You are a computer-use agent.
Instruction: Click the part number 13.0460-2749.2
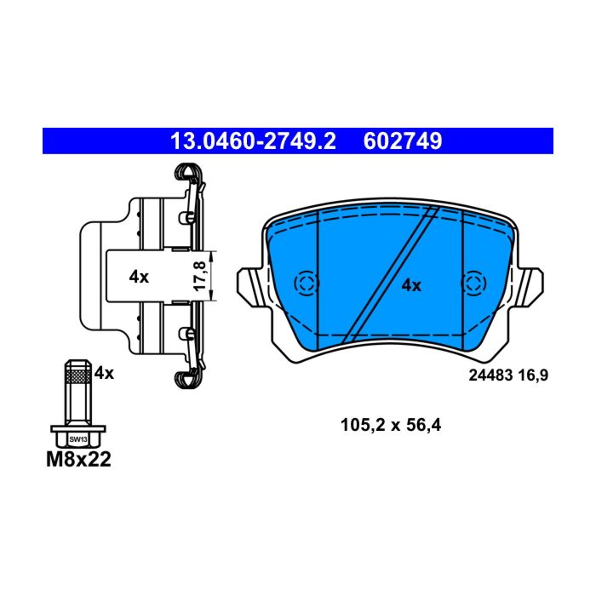(253, 141)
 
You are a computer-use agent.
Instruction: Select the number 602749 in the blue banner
(403, 141)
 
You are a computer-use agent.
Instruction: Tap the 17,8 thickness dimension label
(200, 277)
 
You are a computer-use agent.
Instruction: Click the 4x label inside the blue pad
(411, 285)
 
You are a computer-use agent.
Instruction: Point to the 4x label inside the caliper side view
(139, 277)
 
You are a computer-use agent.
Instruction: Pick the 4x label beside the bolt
(104, 373)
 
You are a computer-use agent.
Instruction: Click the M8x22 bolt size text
(78, 459)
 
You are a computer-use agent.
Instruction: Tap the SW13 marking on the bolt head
(78, 439)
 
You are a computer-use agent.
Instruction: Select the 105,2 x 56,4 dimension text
(391, 425)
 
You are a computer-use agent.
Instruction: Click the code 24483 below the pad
(490, 375)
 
